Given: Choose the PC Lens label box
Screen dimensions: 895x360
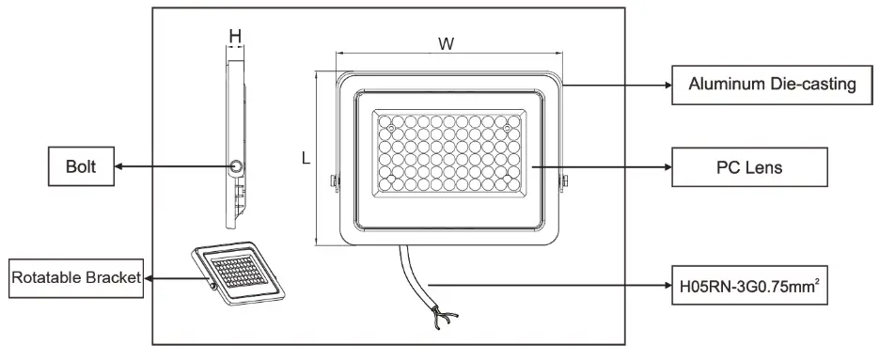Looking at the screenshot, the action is [749, 167].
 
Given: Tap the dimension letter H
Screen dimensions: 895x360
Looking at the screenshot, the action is [235, 35].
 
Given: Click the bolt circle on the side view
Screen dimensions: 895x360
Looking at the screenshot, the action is [237, 166].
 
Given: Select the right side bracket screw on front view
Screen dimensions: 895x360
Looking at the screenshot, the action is [564, 181].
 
